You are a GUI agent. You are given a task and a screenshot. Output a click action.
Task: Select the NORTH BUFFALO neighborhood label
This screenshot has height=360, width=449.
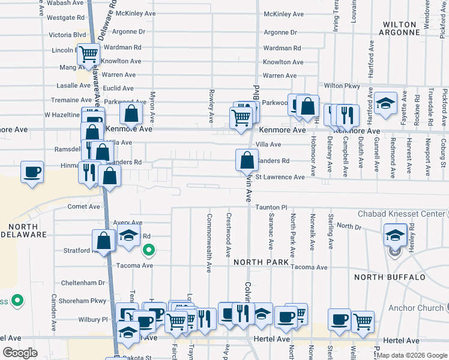click(390, 277)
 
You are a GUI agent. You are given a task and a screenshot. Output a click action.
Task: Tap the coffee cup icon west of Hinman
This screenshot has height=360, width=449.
click(32, 172)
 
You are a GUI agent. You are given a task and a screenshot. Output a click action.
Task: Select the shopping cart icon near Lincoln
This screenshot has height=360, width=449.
click(89, 54)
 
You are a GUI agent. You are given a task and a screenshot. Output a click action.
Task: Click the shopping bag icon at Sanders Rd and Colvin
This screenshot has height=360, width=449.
click(247, 160)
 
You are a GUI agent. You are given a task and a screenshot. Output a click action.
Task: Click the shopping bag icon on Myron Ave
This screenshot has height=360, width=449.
click(131, 113)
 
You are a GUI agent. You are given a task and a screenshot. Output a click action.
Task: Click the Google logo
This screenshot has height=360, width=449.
click(20, 353)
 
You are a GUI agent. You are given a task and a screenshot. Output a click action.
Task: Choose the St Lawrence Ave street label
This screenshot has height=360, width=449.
click(280, 178)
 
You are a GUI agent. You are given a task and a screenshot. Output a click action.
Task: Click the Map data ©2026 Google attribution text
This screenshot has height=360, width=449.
click(411, 355)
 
